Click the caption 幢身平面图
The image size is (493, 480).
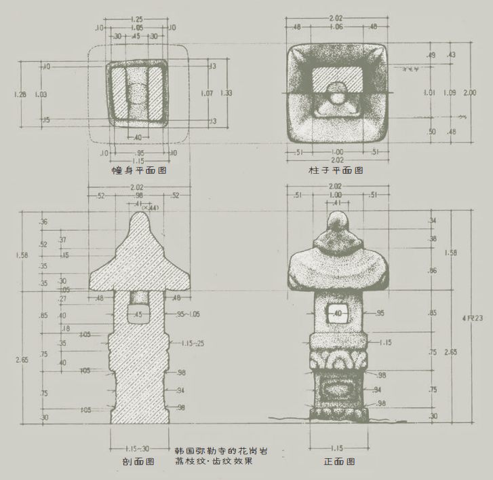138,170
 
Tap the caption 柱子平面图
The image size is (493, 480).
334,170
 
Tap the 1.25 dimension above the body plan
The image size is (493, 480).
137,19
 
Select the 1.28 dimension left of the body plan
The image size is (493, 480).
20,94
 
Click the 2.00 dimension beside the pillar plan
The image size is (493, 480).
469,93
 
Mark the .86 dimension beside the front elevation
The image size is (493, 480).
433,271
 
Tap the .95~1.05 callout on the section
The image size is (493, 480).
188,314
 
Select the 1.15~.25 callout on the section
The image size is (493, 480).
192,344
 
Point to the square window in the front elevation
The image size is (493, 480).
337,314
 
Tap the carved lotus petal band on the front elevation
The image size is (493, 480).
337,359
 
